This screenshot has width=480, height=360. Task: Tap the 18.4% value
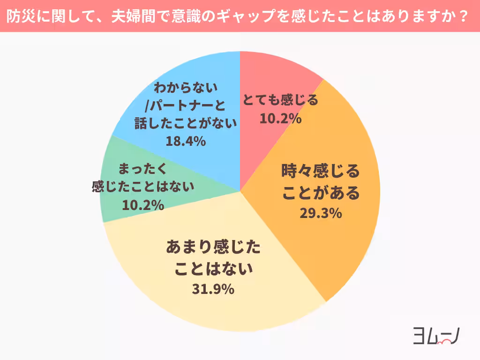pyautogui.click(x=186, y=141)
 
